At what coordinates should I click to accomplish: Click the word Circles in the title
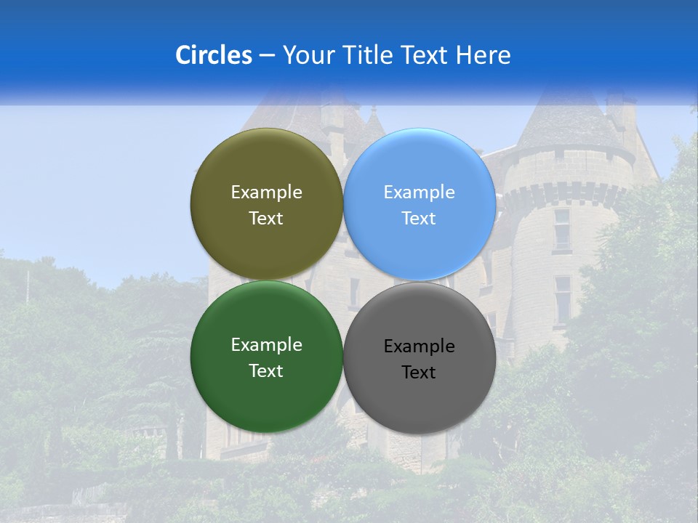click(213, 55)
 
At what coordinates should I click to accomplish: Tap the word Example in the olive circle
click(266, 192)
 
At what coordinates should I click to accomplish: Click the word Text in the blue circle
click(419, 219)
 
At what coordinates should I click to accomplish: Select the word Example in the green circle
click(266, 344)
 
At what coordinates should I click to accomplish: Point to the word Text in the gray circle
click(419, 373)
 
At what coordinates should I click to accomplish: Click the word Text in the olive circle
click(266, 219)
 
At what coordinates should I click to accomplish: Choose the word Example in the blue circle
click(419, 192)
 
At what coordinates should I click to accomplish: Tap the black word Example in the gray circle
click(419, 346)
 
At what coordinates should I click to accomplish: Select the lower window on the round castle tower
click(562, 298)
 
